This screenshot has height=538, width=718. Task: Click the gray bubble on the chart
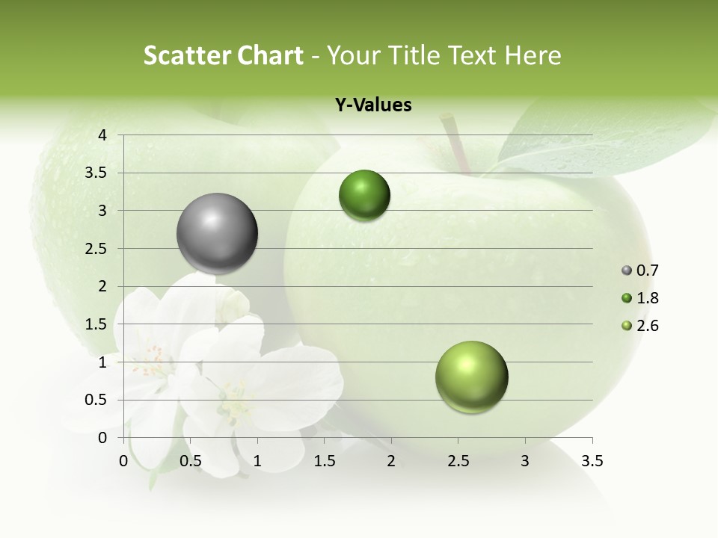(x=217, y=233)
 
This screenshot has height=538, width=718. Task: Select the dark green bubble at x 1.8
(x=364, y=195)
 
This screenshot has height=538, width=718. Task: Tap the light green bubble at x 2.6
(x=471, y=377)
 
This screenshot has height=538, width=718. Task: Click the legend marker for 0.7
(x=627, y=270)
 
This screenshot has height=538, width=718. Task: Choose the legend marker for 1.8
(x=627, y=298)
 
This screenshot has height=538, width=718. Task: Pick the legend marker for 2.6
(x=627, y=326)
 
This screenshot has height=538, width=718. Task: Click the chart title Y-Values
(x=373, y=105)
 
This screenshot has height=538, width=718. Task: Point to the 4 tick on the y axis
(x=102, y=135)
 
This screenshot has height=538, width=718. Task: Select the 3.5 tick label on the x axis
(x=592, y=461)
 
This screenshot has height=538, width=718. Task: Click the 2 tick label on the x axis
(x=390, y=461)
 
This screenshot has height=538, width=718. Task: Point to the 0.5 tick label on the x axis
(x=191, y=461)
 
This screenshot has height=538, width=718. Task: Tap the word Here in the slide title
(x=533, y=55)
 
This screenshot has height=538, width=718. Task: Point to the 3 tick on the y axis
(x=102, y=211)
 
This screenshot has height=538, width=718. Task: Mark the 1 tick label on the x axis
(x=257, y=461)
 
